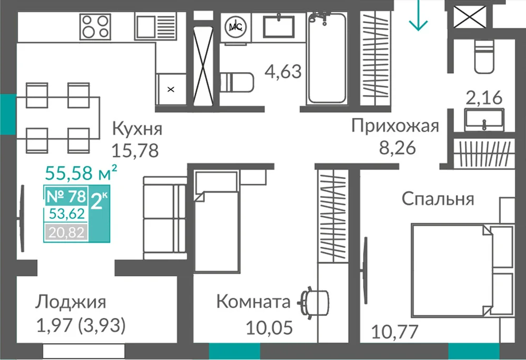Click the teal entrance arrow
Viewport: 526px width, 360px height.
point(418,15)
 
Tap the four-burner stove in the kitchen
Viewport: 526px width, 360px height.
point(95,27)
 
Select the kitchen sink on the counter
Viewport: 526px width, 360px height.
point(156,27)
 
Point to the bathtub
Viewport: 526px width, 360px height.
point(327,58)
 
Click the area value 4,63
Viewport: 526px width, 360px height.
point(283,72)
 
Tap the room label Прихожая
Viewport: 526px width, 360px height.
point(395,126)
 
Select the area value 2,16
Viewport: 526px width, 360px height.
point(484,98)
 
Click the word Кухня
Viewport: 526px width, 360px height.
point(137,129)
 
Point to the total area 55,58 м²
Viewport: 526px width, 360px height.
point(81,173)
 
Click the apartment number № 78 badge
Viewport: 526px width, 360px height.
point(66,196)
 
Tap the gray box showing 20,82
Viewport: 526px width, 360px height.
point(66,232)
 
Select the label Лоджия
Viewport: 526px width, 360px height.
point(71,302)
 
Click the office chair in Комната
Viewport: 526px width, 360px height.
point(313,303)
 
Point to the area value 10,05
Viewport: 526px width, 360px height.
point(269,327)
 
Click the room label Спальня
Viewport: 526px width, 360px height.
point(438,199)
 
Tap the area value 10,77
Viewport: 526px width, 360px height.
point(394,332)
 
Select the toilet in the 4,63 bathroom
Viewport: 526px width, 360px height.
point(236,83)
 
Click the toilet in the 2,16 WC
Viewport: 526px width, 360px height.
point(484,56)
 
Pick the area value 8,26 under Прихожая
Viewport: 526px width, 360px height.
point(397,147)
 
